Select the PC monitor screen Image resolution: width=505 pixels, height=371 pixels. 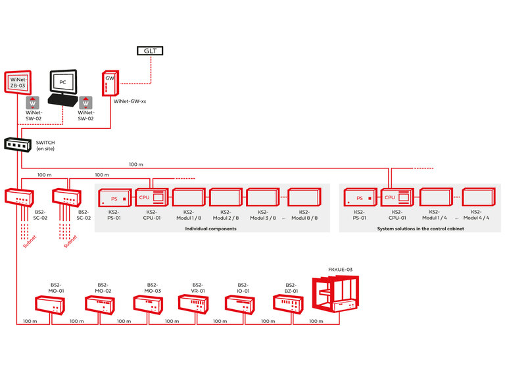pos(63,82)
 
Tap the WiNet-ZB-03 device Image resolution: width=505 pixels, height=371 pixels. pos(18,84)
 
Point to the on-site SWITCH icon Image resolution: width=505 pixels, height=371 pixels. pos(16,143)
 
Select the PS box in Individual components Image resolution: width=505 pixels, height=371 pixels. pos(116,198)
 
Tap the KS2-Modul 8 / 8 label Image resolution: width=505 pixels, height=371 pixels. pos(304,215)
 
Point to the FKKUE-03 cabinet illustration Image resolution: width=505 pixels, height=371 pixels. pos(335,297)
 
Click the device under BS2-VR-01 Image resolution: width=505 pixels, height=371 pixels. pos(194,304)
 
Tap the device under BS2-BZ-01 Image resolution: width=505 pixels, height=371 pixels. pos(290,304)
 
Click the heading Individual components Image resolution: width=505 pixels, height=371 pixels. pos(210,228)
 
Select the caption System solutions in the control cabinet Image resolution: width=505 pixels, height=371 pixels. pos(420,228)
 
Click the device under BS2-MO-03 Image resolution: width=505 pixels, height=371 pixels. pos(148,305)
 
